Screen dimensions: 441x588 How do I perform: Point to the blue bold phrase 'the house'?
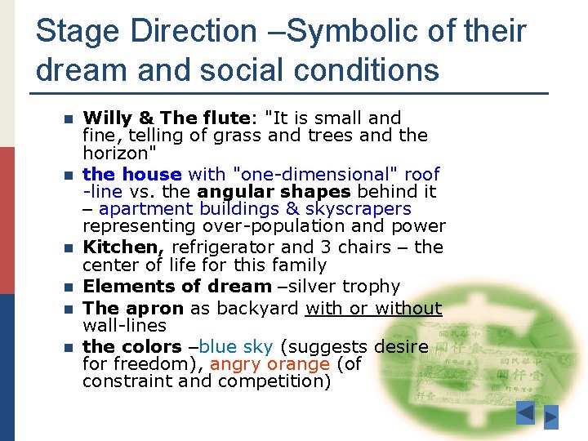pos(131,174)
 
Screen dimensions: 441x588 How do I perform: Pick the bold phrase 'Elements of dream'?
pos(176,287)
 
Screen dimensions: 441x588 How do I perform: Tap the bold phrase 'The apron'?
pos(133,308)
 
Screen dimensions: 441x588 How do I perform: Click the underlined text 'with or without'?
pos(373,308)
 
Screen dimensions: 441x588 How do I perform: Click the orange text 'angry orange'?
pos(270,363)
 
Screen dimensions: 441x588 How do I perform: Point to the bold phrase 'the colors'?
pos(131,346)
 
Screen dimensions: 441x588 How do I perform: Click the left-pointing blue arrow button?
pos(525,414)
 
